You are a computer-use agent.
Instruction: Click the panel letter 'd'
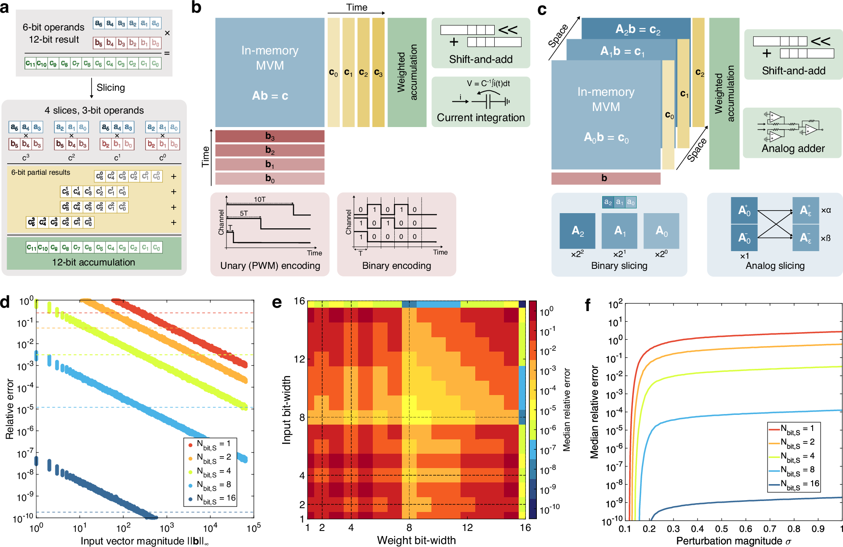click(5, 302)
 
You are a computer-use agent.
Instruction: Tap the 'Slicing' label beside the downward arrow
click(110, 87)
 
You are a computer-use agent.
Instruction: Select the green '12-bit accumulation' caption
click(94, 262)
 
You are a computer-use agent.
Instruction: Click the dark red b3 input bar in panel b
click(270, 136)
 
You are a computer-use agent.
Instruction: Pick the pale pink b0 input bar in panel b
click(270, 179)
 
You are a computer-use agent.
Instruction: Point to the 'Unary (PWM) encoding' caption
click(270, 265)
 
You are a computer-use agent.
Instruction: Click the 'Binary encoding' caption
click(396, 265)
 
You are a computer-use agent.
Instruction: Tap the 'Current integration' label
click(481, 117)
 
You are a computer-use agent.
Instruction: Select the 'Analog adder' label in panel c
click(793, 148)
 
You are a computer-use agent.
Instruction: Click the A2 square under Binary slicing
click(577, 230)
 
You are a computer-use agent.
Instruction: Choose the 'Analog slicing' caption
click(775, 265)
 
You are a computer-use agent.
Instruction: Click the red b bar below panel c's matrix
click(606, 178)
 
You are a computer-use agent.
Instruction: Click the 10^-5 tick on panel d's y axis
click(25, 409)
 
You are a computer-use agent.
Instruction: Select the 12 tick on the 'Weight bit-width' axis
click(467, 528)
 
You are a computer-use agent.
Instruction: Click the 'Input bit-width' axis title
click(286, 409)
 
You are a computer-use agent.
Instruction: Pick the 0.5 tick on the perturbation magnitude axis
click(722, 529)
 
